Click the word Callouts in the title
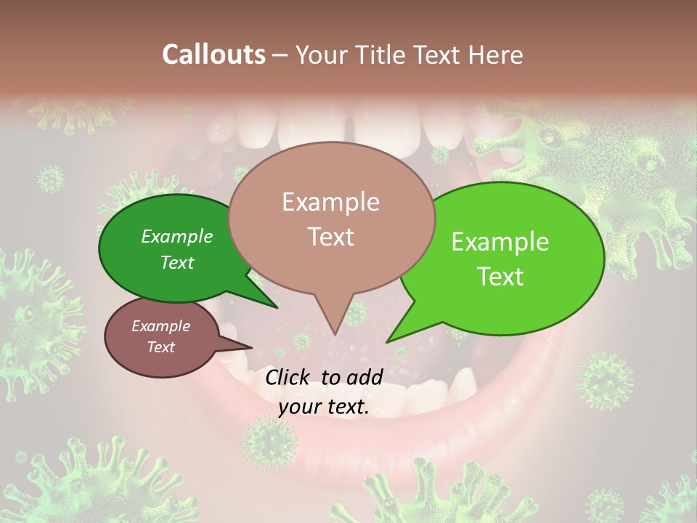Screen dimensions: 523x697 (213, 54)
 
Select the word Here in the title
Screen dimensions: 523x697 (496, 54)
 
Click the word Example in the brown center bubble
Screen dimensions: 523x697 (330, 202)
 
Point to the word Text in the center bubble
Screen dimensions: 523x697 (330, 237)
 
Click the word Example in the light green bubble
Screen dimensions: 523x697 (500, 242)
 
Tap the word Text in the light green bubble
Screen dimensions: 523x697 (500, 277)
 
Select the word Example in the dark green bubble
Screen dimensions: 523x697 (177, 236)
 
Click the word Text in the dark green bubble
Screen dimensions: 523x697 (177, 262)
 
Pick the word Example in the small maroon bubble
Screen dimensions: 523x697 (160, 326)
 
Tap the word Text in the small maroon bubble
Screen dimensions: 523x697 (160, 347)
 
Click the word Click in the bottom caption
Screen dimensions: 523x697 (289, 377)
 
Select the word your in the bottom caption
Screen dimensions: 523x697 (298, 408)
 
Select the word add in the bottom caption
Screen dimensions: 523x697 (365, 377)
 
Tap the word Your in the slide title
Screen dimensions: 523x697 (320, 54)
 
